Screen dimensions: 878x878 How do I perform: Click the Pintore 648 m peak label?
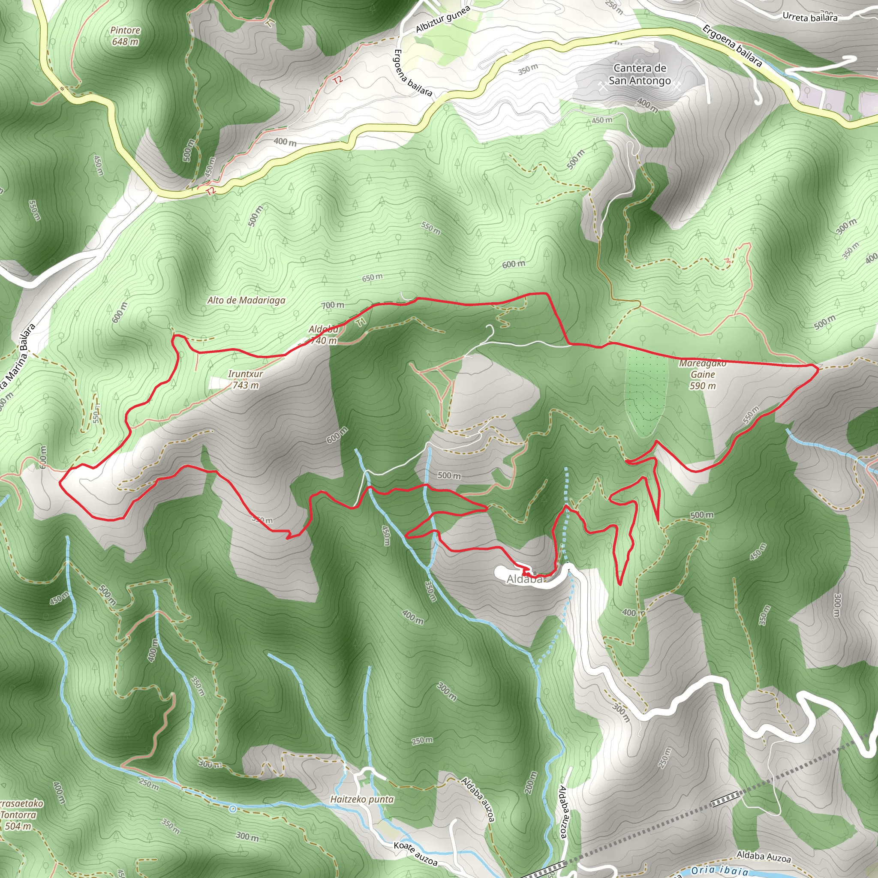coord(126,36)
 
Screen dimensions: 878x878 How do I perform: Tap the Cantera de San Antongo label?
coord(640,74)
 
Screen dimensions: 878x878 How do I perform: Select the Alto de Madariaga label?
coord(247,301)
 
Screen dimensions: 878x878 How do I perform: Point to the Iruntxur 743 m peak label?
coord(245,379)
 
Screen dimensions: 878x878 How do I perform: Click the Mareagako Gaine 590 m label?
coord(703,374)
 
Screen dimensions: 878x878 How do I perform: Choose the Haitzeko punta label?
coord(362,800)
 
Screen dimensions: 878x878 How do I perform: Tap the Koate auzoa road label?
coord(415,854)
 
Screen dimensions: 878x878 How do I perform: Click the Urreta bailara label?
coord(810,17)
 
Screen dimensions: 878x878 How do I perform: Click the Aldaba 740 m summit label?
coord(324,335)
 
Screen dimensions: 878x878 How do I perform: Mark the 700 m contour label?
coord(333,305)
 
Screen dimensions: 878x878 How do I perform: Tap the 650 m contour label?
coord(372,277)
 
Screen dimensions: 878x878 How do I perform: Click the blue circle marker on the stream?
coord(233,809)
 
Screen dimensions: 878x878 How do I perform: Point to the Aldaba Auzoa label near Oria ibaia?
coord(764,857)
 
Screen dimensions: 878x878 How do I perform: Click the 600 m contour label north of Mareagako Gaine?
coord(514,264)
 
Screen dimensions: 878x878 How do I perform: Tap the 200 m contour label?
coord(530,782)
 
